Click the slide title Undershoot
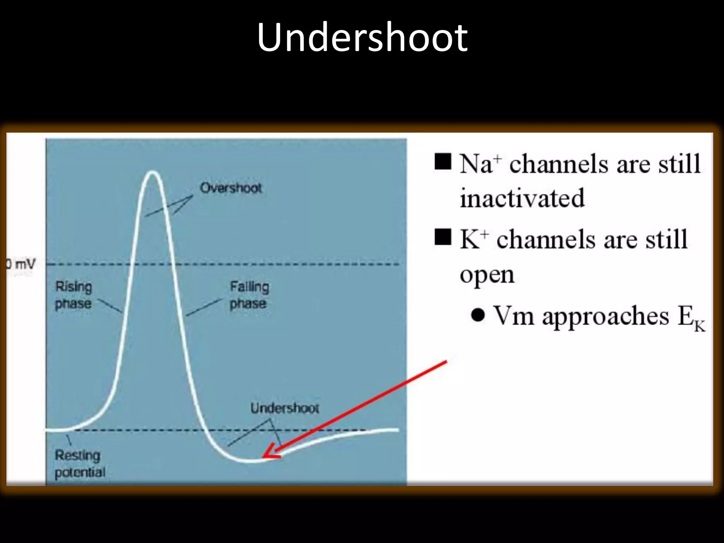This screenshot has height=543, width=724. coord(362,37)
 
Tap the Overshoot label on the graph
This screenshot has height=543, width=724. coord(231,188)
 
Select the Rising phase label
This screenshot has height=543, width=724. coord(74,295)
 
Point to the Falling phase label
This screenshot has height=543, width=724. coord(249,295)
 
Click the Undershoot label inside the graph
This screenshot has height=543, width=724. coord(285,408)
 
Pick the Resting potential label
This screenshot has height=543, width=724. coord(80,463)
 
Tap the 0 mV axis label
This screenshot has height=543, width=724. coord(21,264)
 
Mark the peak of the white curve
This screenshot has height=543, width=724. coord(152,172)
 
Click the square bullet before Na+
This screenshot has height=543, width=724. coord(443,162)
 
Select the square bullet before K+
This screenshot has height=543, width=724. coord(443,237)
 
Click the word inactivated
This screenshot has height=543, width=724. coord(522,198)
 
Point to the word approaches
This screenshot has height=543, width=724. coord(606,316)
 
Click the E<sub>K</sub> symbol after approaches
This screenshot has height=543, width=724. coord(691,318)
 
